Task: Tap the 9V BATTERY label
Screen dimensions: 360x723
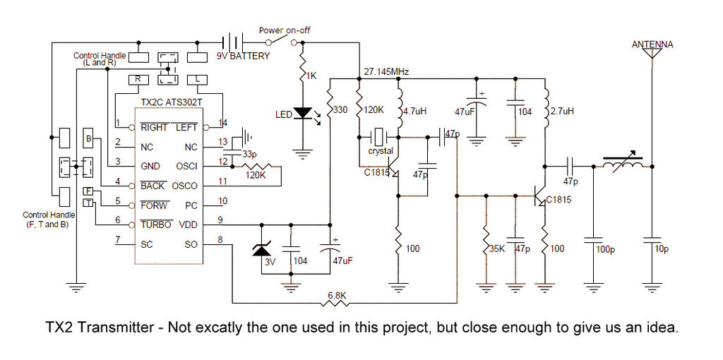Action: pyautogui.click(x=243, y=56)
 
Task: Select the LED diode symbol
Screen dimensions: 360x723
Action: pyautogui.click(x=303, y=113)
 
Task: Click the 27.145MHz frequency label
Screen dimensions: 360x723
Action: pyautogui.click(x=386, y=71)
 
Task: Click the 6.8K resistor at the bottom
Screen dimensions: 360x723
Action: pyautogui.click(x=335, y=304)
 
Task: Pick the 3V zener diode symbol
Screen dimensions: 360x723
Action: pyautogui.click(x=262, y=249)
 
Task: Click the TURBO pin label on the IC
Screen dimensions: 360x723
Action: pyautogui.click(x=155, y=224)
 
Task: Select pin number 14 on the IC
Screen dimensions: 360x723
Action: pyautogui.click(x=223, y=122)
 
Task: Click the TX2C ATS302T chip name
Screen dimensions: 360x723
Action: pyautogui.click(x=173, y=103)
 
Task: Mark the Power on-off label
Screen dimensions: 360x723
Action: pyautogui.click(x=285, y=30)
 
